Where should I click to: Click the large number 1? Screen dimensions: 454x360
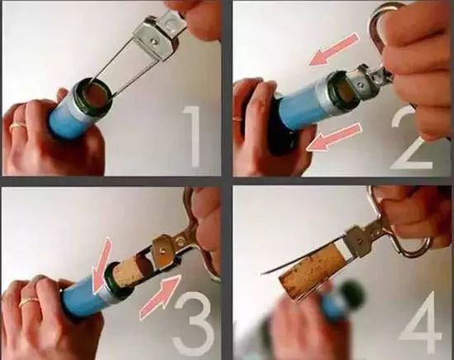coord(192,136)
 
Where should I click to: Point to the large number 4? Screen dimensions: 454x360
coord(421,320)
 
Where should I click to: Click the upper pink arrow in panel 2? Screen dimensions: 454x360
coord(333,50)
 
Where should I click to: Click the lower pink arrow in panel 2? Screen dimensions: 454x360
coord(333,137)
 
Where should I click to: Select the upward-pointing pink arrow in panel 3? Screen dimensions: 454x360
coord(160,297)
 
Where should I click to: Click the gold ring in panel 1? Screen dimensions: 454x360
coord(18,126)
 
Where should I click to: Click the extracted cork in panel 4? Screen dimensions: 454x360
coord(310,271)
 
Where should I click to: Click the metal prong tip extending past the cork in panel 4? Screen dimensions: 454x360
coord(262,272)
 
